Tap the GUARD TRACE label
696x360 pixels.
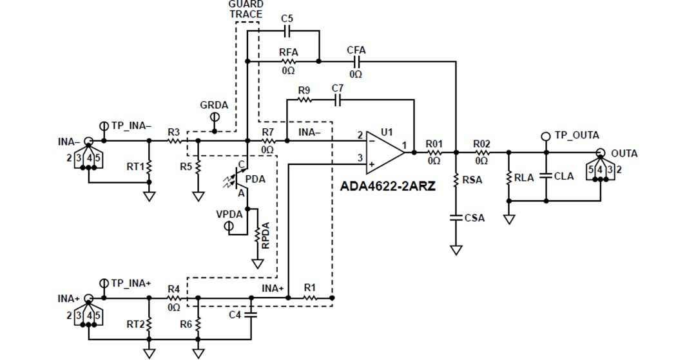(x=246, y=9)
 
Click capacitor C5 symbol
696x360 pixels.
(x=287, y=31)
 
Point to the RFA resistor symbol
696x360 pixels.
(x=288, y=62)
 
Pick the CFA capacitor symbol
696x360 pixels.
(x=356, y=62)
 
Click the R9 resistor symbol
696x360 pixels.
(x=304, y=100)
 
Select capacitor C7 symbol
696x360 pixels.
(x=338, y=100)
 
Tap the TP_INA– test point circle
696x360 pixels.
(x=104, y=126)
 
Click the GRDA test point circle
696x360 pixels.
(x=215, y=117)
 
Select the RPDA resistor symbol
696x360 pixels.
(x=258, y=238)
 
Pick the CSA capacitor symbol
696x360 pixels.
(x=456, y=218)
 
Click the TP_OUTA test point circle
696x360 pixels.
(x=546, y=136)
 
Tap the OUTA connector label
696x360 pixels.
(x=624, y=153)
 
